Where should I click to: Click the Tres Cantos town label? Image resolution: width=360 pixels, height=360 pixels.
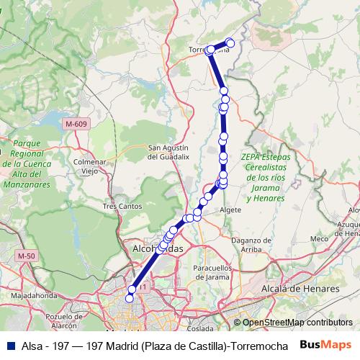pyautogui.click(x=120, y=206)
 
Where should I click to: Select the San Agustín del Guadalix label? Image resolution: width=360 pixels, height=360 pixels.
pyautogui.click(x=168, y=151)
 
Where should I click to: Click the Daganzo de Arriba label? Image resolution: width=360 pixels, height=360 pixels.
pyautogui.click(x=251, y=244)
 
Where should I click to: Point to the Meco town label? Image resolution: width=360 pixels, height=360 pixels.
pyautogui.click(x=318, y=238)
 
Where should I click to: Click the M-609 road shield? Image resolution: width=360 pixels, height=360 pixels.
pyautogui.click(x=76, y=124)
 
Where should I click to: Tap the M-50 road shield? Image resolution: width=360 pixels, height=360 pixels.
pyautogui.click(x=27, y=256)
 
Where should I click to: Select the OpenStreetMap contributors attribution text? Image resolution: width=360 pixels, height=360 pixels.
pyautogui.click(x=297, y=323)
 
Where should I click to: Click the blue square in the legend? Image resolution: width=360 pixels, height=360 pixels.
pyautogui.click(x=9, y=345)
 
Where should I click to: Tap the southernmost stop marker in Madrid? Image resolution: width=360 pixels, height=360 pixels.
pyautogui.click(x=130, y=298)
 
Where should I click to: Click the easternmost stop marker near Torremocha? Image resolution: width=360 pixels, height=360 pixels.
pyautogui.click(x=230, y=42)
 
